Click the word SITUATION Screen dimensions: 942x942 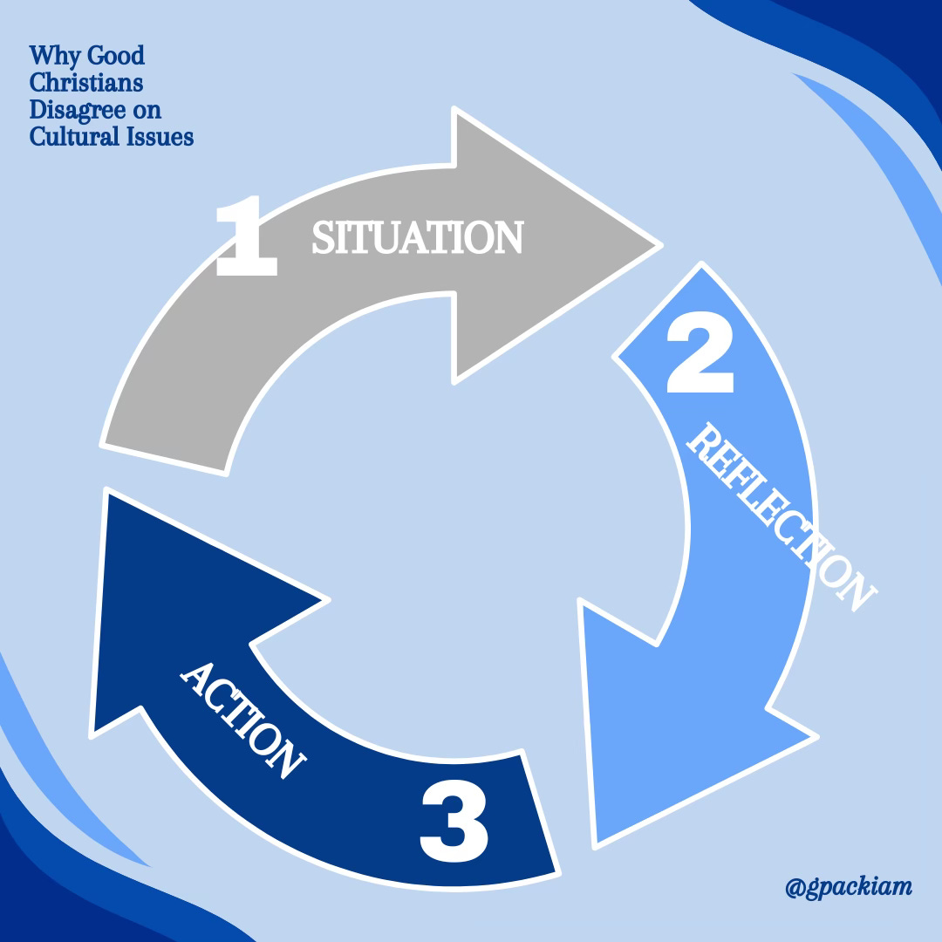pyautogui.click(x=417, y=237)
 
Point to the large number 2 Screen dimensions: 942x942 pyautogui.click(x=700, y=355)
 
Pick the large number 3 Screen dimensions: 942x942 pyautogui.click(x=454, y=820)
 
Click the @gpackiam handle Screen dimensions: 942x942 pyautogui.click(x=848, y=888)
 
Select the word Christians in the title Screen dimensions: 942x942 pyautogui.click(x=86, y=84)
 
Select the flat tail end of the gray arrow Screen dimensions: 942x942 pyautogui.click(x=166, y=458)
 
